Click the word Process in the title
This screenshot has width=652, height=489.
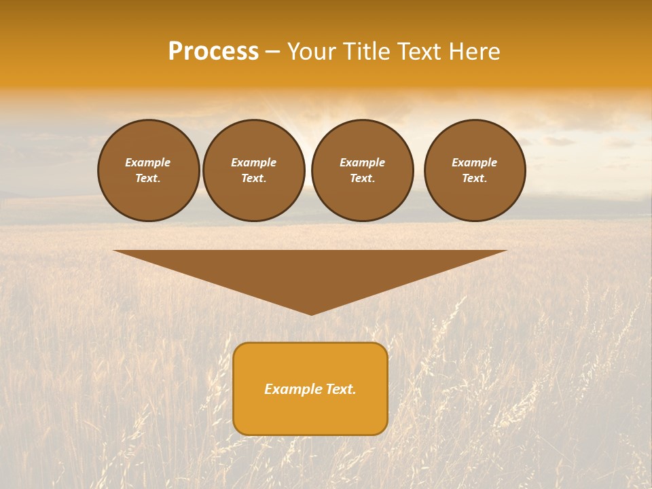tap(213, 52)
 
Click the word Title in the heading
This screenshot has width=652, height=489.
tap(366, 52)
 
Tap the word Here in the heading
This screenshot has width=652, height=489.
tap(472, 52)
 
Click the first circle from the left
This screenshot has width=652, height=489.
tap(148, 170)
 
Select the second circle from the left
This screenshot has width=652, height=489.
tap(253, 170)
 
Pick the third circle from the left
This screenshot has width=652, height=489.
tap(362, 170)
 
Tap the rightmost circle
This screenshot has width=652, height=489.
tap(475, 170)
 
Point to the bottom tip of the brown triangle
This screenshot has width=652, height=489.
tap(311, 314)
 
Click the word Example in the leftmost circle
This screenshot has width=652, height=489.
tap(148, 162)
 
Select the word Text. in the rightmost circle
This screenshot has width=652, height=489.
tap(475, 179)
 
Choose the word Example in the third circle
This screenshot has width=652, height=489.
tap(362, 162)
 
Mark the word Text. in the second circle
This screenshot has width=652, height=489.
tap(253, 179)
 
